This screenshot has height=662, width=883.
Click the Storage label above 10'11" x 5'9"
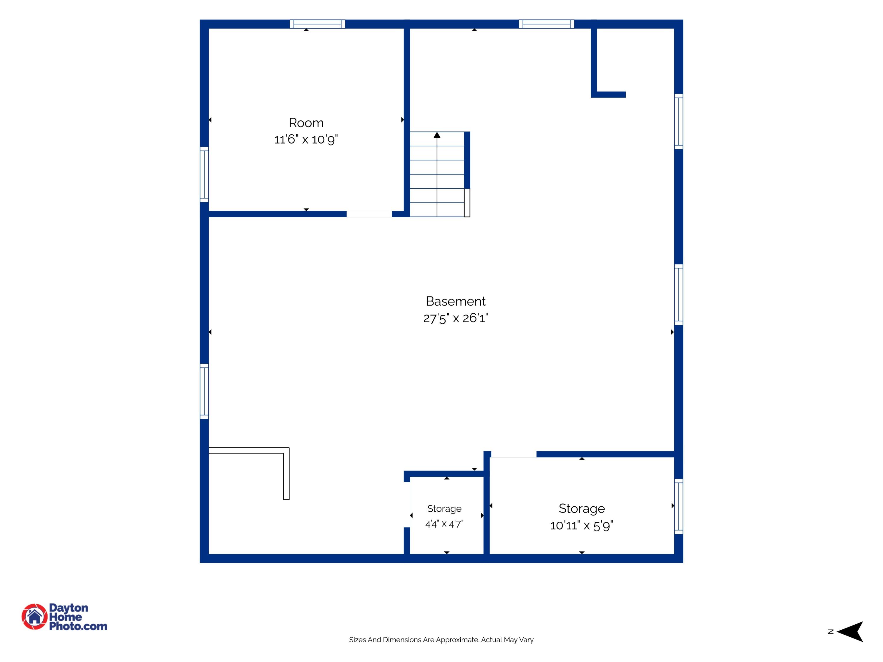tap(582, 508)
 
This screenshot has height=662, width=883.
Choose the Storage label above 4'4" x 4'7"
tap(444, 509)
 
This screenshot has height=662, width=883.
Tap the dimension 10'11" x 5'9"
tap(582, 525)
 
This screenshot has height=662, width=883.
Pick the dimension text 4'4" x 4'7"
tap(444, 524)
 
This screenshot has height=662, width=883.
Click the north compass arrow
tap(850, 632)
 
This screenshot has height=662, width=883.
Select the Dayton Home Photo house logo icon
tap(35, 616)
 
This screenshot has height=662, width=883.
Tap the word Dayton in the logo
tap(69, 608)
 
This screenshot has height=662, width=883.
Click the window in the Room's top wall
tap(317, 24)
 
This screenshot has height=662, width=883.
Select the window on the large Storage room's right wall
tap(679, 506)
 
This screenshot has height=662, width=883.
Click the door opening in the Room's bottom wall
tap(369, 214)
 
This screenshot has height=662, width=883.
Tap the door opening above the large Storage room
tap(513, 454)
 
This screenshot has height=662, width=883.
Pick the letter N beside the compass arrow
tap(831, 632)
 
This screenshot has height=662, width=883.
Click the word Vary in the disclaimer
tap(527, 640)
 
